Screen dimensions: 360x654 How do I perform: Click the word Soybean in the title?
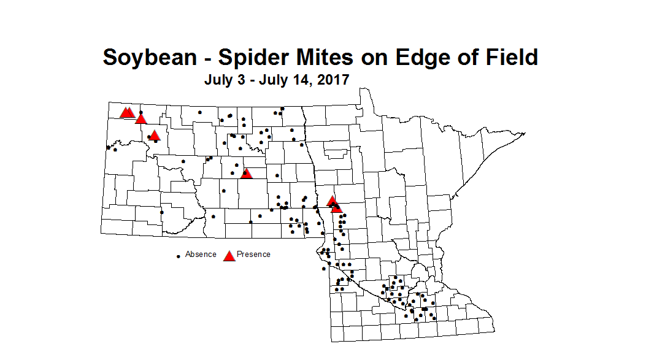coord(150,57)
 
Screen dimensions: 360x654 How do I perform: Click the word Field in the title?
coord(509,57)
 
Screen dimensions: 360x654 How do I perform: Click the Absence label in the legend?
coord(201,254)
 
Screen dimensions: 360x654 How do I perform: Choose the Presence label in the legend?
coord(253,254)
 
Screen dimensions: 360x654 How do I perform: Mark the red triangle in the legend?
coord(229,255)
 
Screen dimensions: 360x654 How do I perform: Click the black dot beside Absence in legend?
coord(179,255)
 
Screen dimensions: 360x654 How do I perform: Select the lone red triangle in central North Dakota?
coord(246,173)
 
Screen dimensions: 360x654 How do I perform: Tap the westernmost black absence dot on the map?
coord(108,147)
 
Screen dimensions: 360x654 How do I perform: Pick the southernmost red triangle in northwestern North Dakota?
coord(154,135)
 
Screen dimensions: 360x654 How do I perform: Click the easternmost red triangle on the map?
coord(336,208)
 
